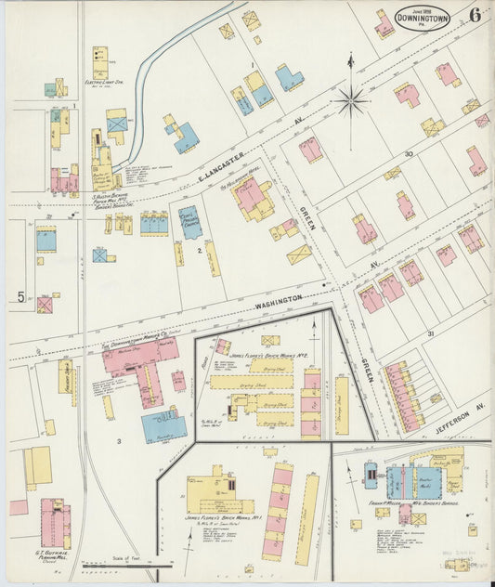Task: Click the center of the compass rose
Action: click(351, 100)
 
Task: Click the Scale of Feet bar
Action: click(126, 560)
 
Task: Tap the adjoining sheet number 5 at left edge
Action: click(20, 297)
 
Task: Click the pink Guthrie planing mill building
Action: click(54, 525)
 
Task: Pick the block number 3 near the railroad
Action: click(119, 440)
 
